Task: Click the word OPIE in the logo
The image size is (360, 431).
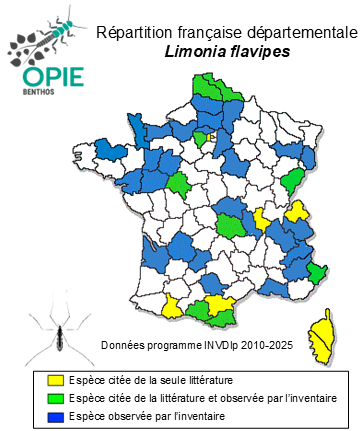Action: pos(37,77)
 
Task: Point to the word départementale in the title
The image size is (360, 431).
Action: pos(296,33)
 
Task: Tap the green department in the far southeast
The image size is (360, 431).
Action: pos(317,271)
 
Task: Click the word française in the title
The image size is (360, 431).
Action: pos(207,33)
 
